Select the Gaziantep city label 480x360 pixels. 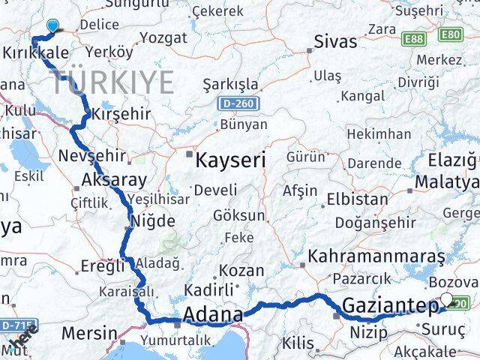(x=389, y=305)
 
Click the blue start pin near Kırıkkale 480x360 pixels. (x=52, y=27)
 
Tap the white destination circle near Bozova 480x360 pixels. (x=447, y=300)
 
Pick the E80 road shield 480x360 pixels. (x=451, y=34)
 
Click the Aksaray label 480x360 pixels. (x=114, y=179)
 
